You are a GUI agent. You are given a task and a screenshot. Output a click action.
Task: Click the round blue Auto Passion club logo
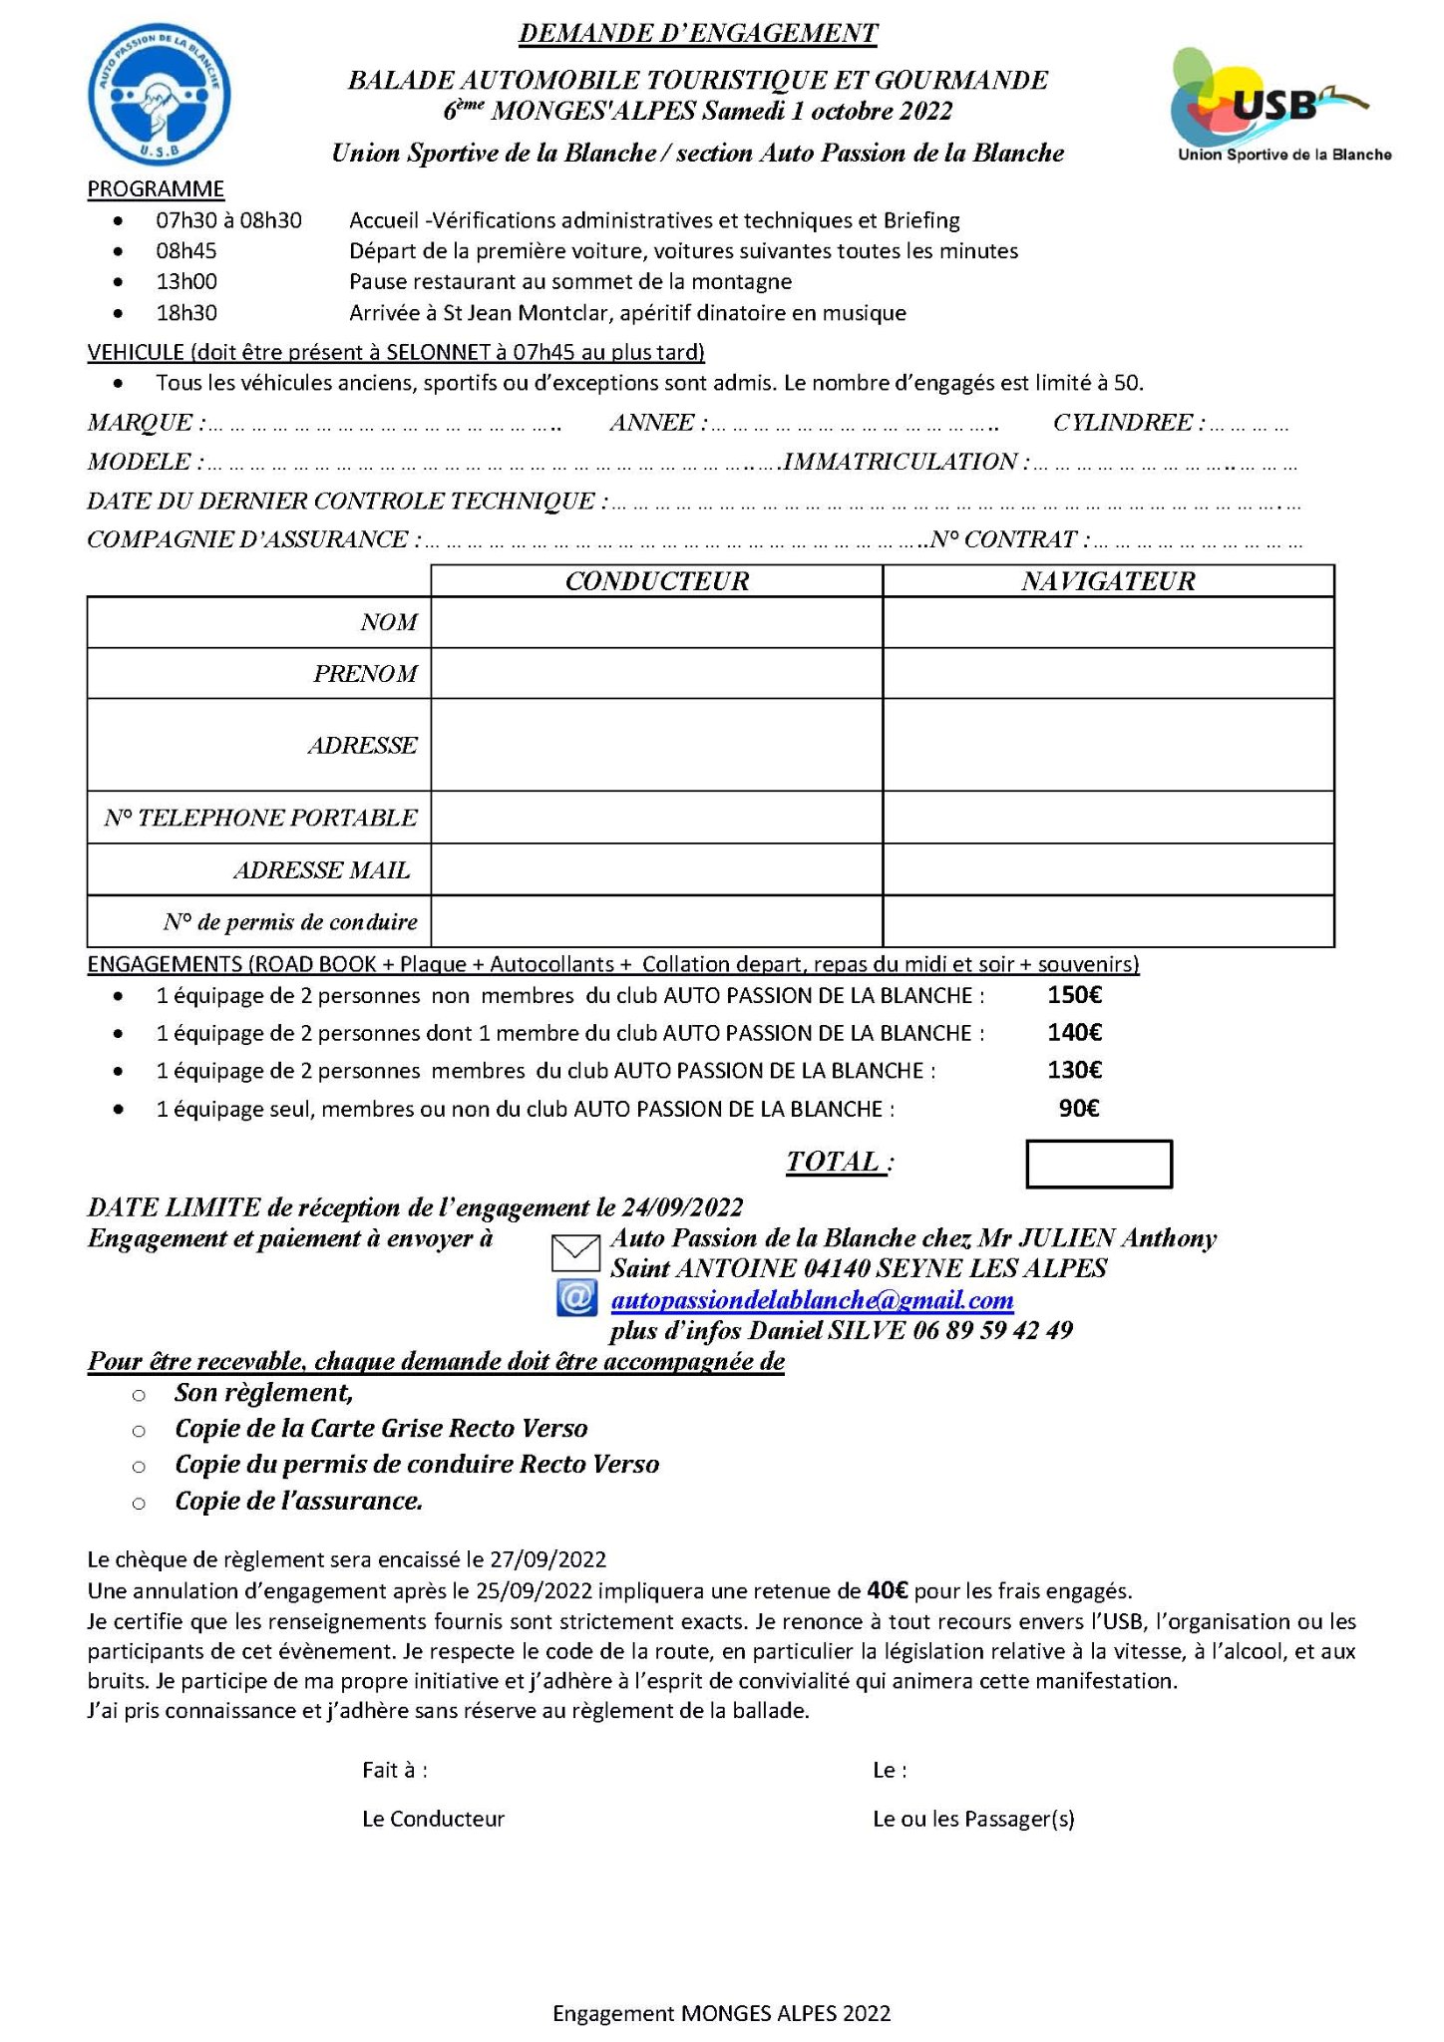click(160, 94)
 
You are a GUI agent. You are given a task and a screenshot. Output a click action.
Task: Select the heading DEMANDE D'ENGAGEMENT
click(698, 34)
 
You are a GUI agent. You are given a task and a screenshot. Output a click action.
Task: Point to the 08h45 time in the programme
click(186, 251)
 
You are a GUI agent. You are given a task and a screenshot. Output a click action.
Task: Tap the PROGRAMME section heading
click(156, 189)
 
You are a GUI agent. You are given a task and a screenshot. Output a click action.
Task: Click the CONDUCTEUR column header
click(656, 581)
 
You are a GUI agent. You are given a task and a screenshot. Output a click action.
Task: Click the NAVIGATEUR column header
click(1108, 581)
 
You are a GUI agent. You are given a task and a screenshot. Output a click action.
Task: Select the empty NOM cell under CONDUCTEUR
click(656, 623)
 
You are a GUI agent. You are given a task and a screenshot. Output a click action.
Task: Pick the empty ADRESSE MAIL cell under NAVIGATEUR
click(1108, 869)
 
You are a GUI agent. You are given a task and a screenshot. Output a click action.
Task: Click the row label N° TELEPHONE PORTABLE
click(260, 818)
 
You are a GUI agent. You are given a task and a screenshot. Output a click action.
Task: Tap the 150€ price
click(1074, 995)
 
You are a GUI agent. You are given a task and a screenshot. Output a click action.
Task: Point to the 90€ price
click(1079, 1109)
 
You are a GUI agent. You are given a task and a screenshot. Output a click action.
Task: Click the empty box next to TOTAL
click(1099, 1165)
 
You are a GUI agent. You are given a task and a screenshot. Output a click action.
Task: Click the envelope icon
click(575, 1253)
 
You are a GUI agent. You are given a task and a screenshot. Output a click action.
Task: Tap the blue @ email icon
click(576, 1299)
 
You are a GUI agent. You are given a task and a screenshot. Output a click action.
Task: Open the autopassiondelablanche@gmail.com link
click(812, 1300)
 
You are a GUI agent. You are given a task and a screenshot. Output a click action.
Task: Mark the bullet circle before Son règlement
click(140, 1395)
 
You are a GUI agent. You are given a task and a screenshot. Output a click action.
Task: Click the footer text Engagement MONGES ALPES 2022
click(721, 2013)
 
